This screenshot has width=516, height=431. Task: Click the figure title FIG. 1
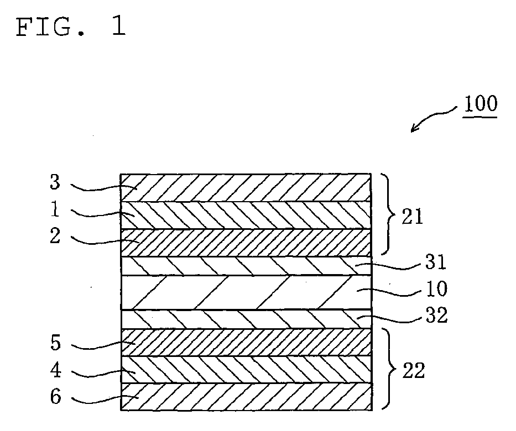[x=71, y=27]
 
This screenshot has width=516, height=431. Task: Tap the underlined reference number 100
[x=480, y=104]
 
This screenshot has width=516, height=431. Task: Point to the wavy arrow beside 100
[x=435, y=118]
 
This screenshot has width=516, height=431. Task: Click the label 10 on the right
[x=435, y=290]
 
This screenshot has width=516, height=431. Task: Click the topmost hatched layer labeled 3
[x=246, y=187]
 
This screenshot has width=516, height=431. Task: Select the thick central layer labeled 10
[x=246, y=292]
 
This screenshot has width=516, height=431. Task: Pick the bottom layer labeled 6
[x=246, y=397]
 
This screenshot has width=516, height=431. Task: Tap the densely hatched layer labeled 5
[x=246, y=343]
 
